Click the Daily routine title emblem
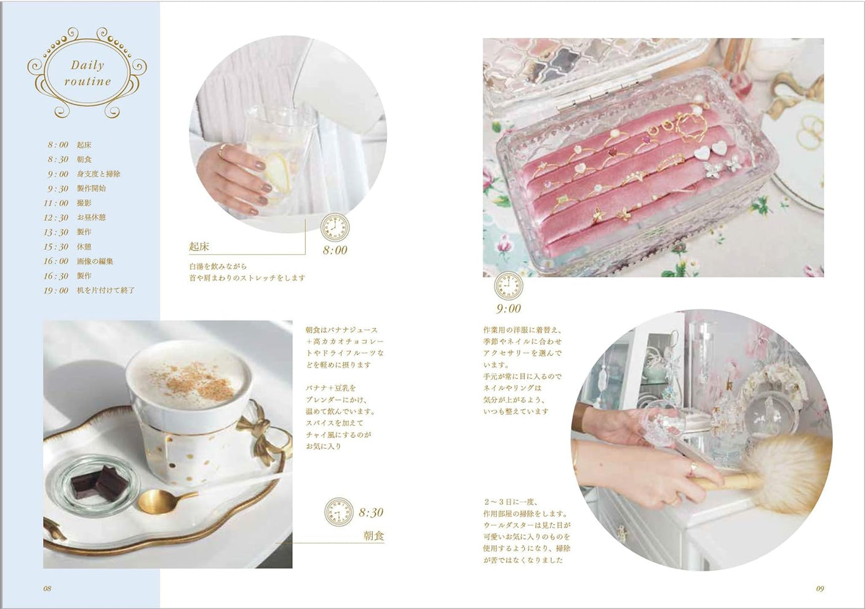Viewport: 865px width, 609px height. point(87,73)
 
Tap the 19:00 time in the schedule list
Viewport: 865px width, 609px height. point(56,290)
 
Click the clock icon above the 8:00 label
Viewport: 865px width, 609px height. point(335,227)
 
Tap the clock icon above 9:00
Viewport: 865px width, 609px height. point(509,286)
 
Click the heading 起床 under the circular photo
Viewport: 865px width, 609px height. point(199,247)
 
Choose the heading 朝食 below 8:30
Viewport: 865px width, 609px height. point(373,536)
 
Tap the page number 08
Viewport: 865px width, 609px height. point(47,588)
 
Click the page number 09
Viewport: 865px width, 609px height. point(819,589)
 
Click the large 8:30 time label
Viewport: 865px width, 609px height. point(370,512)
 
